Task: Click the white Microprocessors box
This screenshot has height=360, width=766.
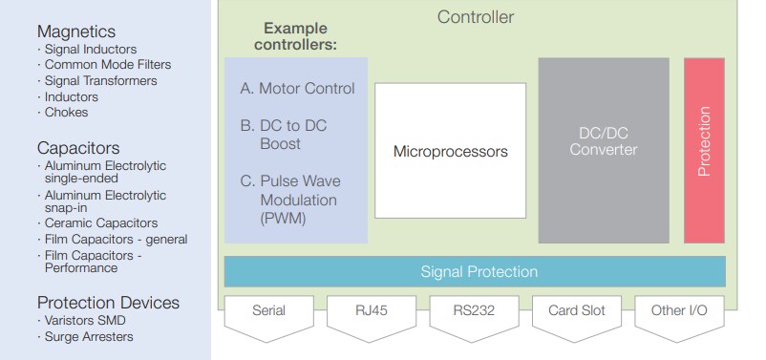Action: point(450,151)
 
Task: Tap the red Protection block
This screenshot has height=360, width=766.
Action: point(704,150)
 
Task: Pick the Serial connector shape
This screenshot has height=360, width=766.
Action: point(268,312)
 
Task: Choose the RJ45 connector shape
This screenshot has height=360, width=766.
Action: point(372,312)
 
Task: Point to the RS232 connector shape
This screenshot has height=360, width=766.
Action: point(474,312)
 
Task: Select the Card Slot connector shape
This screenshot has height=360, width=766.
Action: point(576,312)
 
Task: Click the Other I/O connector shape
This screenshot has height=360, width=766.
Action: point(679,312)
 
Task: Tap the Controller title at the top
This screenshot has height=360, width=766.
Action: point(475,17)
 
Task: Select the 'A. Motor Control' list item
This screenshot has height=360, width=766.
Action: point(297,89)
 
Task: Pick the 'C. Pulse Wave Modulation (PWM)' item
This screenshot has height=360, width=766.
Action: point(290,200)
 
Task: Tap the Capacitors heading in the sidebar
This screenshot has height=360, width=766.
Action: point(78,148)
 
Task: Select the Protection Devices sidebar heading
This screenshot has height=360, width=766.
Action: point(108,303)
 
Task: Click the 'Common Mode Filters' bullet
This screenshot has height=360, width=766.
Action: point(107,65)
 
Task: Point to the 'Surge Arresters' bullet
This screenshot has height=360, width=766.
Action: point(89,336)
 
